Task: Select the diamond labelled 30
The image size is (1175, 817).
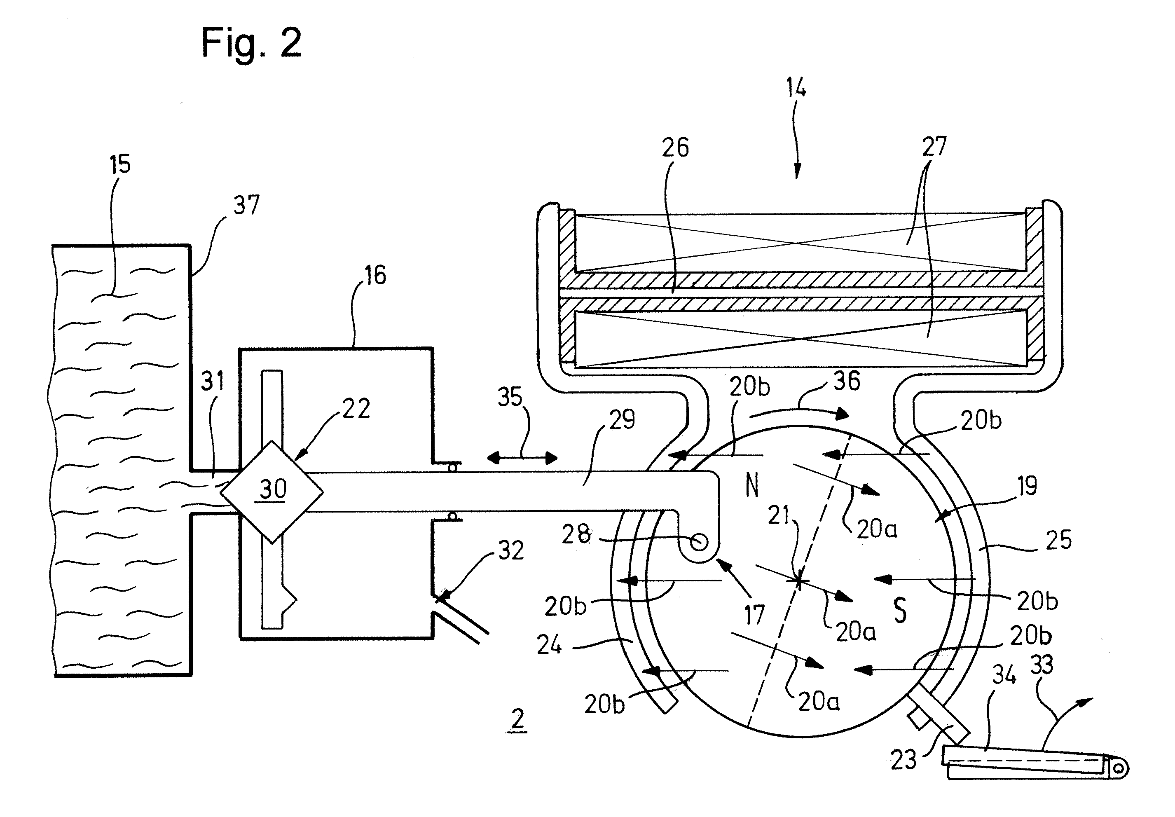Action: tap(272, 492)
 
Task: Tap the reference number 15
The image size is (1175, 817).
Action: tap(120, 165)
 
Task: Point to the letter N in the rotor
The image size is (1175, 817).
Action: tap(752, 485)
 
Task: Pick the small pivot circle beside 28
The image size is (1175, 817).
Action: tap(698, 541)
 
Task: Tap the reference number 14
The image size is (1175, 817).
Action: tap(796, 88)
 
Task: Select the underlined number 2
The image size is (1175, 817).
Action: tap(517, 721)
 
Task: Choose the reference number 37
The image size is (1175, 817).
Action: tap(247, 205)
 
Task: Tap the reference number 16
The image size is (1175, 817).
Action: tap(375, 275)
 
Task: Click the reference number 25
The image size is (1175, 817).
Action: tap(1059, 540)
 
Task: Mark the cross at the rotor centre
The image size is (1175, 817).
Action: tap(798, 581)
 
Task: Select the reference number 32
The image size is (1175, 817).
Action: tap(511, 550)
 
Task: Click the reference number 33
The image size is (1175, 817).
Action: tap(1041, 665)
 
